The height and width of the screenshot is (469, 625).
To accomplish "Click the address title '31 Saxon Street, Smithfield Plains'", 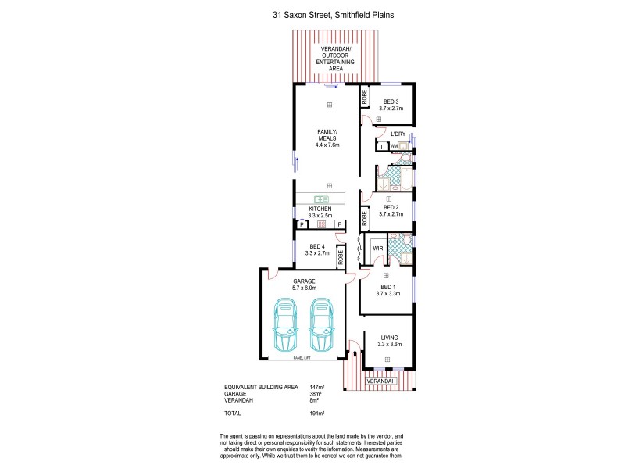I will tap(312, 15).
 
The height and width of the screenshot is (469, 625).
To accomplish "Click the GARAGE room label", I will tap(303, 280).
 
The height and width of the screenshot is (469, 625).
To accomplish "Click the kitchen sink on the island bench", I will tap(321, 199).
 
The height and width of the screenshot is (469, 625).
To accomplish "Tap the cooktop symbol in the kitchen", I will tap(320, 224).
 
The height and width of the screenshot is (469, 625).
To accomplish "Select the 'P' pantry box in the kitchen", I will tap(301, 224).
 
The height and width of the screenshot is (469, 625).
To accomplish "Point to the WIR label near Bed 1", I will tap(377, 249).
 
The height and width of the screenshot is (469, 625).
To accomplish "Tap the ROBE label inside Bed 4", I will tap(341, 259).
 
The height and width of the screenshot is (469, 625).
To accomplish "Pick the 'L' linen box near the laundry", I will tap(382, 146).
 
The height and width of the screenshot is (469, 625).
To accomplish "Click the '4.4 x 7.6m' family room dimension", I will tap(327, 145).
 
